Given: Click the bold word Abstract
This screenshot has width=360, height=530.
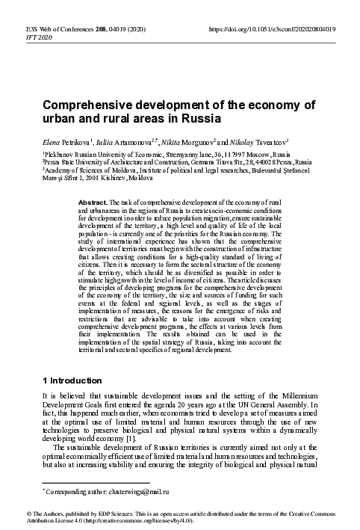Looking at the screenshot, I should [x=93, y=202].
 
